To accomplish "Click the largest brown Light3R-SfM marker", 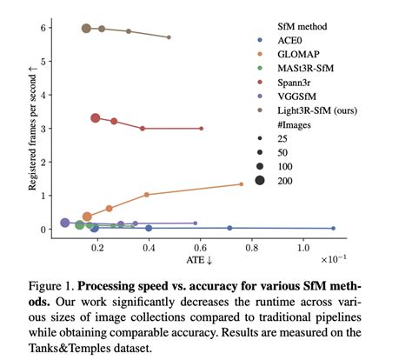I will coord(86,28).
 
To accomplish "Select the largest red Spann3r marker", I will coord(96,118).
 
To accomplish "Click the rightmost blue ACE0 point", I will coord(333,228).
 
